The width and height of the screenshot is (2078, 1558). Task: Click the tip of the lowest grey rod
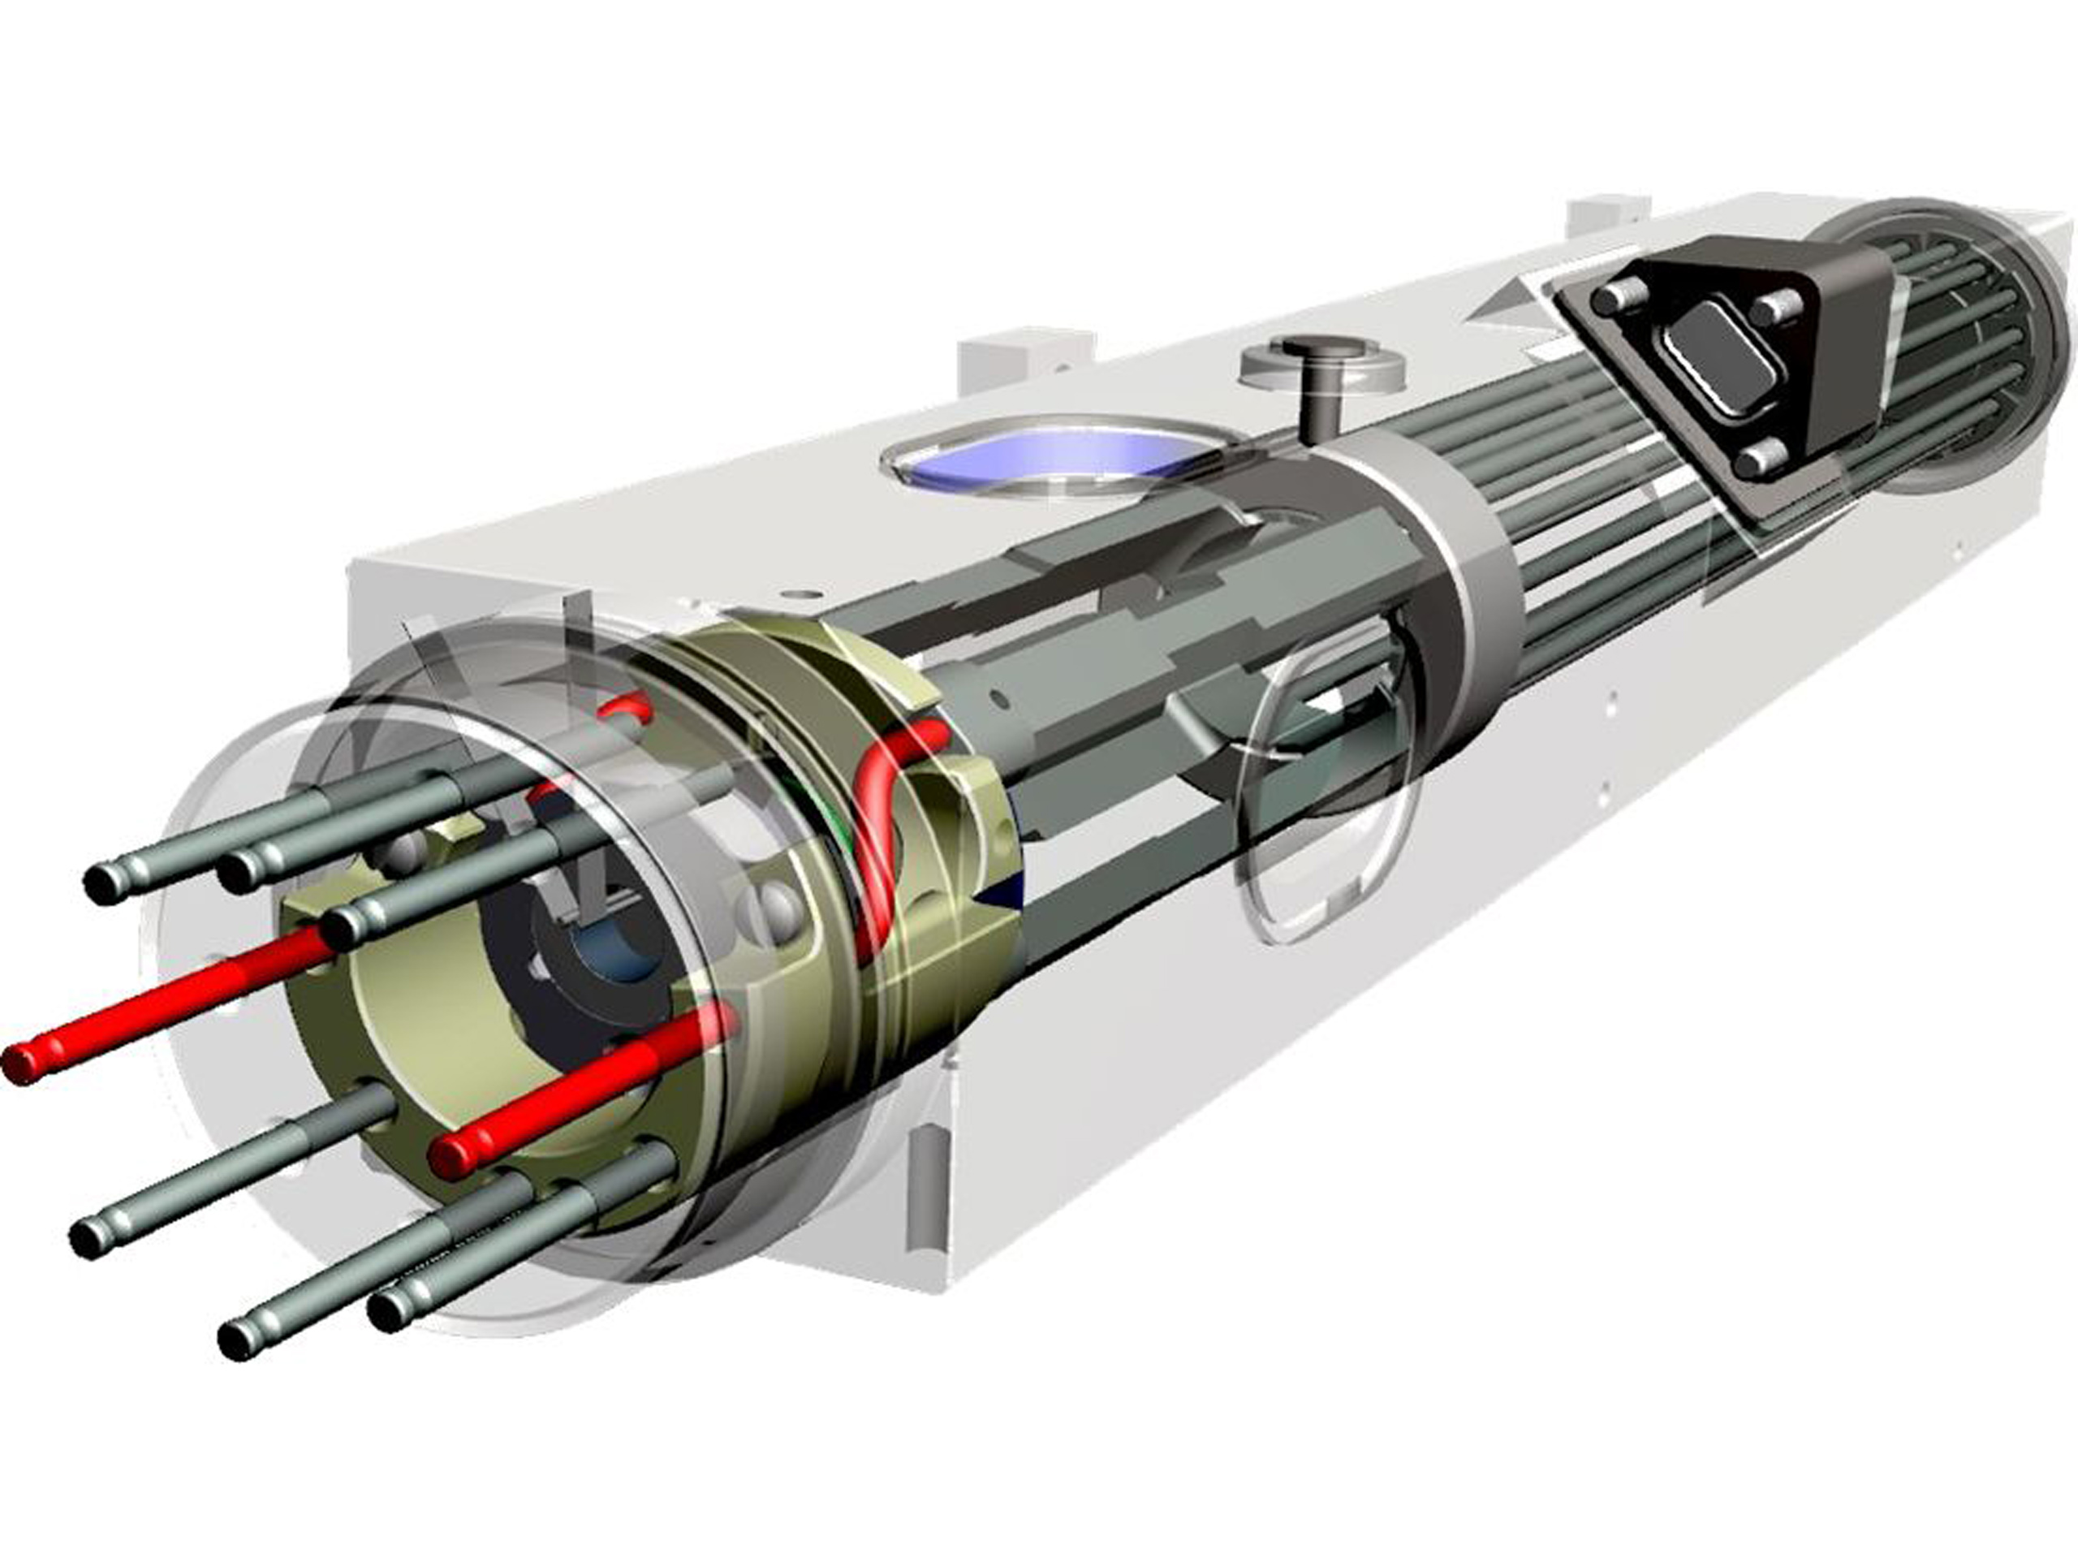[239, 1339]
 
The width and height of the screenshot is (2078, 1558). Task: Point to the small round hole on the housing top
[800, 596]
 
